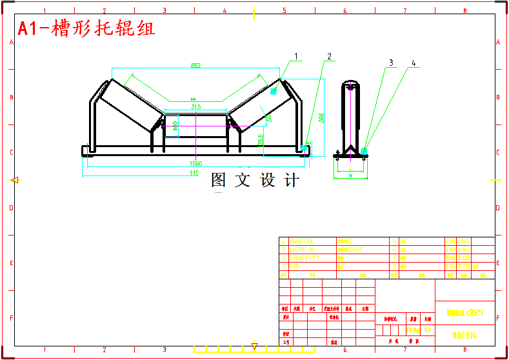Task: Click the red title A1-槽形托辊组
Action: (86, 28)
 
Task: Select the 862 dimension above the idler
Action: (195, 65)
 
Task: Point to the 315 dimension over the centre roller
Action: (196, 106)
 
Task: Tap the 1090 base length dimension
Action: (196, 163)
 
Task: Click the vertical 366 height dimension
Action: (321, 117)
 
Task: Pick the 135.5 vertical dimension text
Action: (261, 140)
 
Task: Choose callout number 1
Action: (297, 56)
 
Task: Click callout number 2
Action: (329, 56)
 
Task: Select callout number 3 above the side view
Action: (390, 63)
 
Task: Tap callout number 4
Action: (414, 63)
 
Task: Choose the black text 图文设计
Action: (255, 181)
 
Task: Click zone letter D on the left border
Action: (11, 208)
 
